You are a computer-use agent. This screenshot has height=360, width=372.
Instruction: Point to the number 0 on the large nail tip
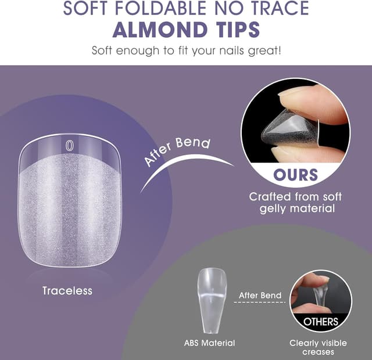pyautogui.click(x=69, y=146)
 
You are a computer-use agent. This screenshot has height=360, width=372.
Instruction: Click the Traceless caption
pyautogui.click(x=67, y=290)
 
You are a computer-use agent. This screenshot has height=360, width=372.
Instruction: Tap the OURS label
pyautogui.click(x=296, y=174)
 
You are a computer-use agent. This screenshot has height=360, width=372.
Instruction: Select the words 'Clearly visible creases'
pyautogui.click(x=320, y=347)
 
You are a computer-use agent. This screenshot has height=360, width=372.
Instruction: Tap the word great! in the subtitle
pyautogui.click(x=264, y=50)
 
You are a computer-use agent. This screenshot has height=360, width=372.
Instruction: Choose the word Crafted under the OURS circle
pyautogui.click(x=270, y=197)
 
